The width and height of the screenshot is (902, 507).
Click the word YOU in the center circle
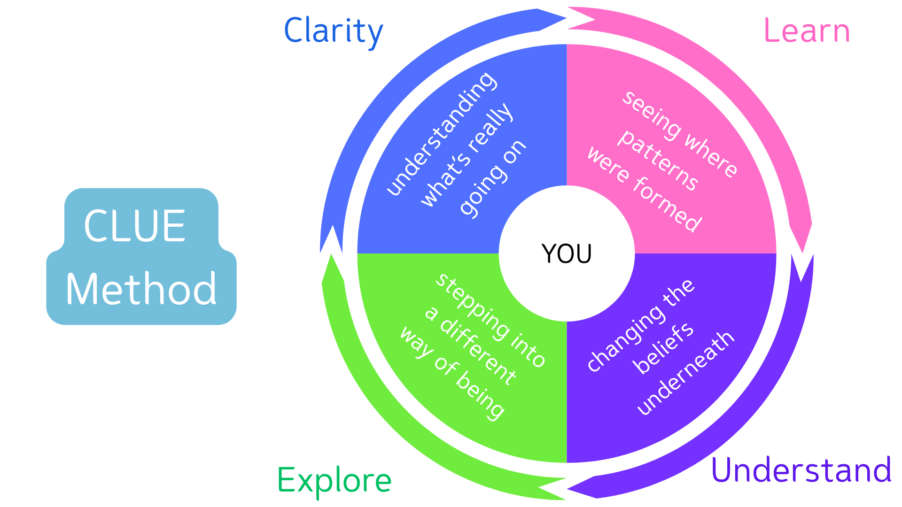(567, 254)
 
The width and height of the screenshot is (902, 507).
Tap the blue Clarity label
(333, 31)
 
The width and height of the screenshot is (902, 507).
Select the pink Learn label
(807, 31)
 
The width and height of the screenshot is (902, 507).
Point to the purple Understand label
(801, 469)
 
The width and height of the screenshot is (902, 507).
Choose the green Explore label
(334, 480)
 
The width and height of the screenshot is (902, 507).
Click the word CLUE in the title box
(135, 226)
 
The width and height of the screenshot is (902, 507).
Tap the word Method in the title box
(141, 289)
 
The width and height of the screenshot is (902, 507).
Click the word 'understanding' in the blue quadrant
(441, 133)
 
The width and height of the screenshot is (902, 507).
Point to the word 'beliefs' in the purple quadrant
(663, 348)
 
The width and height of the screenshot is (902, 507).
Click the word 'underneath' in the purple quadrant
(685, 373)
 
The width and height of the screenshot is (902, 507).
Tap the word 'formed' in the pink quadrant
(668, 205)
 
